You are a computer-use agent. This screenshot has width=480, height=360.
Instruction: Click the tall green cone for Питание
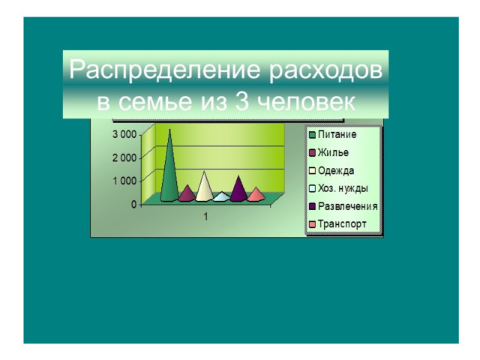[x=169, y=172]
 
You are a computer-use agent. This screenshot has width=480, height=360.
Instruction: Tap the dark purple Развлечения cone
[x=238, y=191]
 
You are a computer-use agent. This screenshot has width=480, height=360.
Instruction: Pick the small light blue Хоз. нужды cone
[x=222, y=196]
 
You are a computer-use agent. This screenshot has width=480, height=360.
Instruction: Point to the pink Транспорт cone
[x=256, y=195]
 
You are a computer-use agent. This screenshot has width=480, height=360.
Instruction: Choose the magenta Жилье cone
[x=187, y=194]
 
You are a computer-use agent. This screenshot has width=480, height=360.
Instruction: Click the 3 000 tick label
[x=124, y=134]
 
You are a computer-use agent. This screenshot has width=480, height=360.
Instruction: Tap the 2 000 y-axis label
[x=124, y=158]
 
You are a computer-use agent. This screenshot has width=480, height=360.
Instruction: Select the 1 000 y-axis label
[x=124, y=181]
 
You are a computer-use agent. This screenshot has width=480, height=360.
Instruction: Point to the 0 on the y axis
[x=133, y=204]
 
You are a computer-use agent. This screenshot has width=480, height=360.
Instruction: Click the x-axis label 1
[x=205, y=217]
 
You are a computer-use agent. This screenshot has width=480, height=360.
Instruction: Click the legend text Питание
[x=337, y=134]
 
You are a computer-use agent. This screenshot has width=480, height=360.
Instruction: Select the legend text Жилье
[x=333, y=152]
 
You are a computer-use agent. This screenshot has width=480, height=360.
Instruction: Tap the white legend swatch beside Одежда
[x=312, y=171]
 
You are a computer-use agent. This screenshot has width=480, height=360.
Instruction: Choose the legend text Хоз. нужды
[x=343, y=188]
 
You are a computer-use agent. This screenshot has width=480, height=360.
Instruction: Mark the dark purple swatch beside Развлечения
[x=312, y=207]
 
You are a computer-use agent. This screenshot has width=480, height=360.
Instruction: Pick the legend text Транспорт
[x=342, y=224]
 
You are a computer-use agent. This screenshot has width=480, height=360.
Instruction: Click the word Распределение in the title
[x=165, y=70]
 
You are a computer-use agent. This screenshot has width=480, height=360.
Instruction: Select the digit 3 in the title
[x=242, y=101]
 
